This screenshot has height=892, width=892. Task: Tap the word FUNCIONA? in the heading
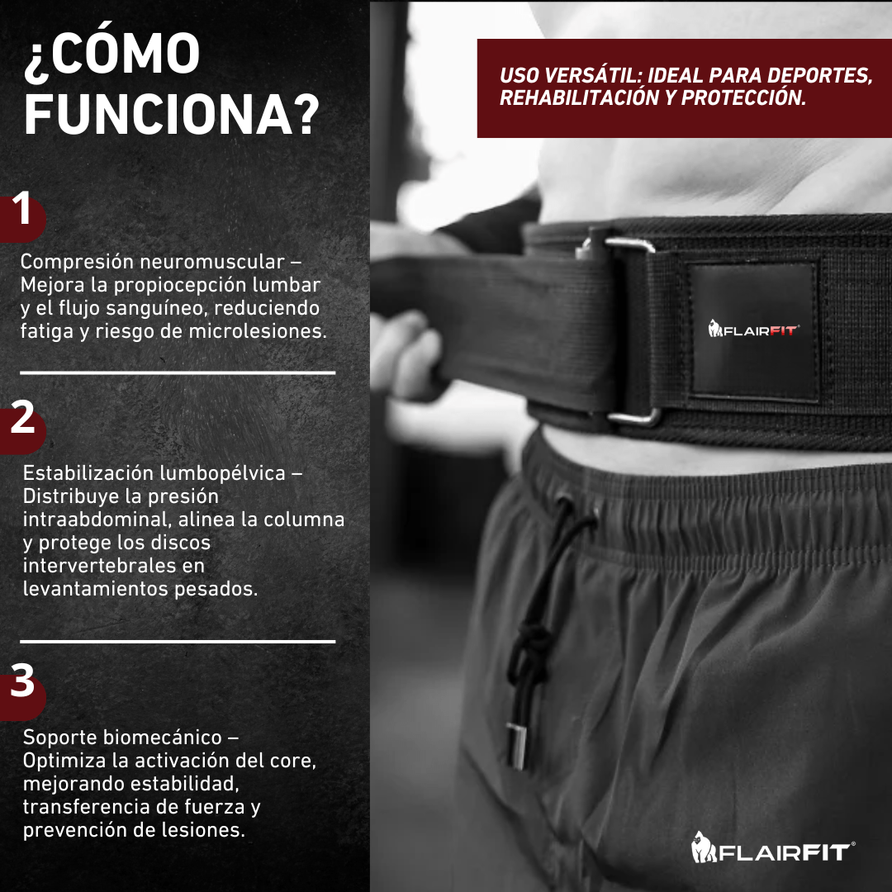[171, 114]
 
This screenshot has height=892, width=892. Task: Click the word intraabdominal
[97, 520]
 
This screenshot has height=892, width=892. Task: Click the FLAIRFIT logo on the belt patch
[754, 329]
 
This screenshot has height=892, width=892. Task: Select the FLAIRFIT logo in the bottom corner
[773, 847]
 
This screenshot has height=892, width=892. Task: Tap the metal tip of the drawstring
[516, 746]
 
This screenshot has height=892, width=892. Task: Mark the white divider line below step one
[178, 372]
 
